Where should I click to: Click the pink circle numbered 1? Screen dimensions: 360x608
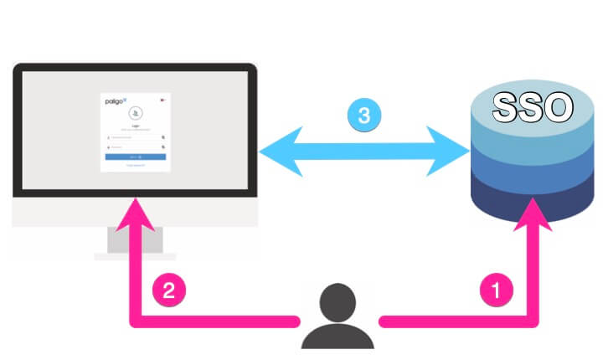point(494,291)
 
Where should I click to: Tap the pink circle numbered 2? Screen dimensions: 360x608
point(168,291)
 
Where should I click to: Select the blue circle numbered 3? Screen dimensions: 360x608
point(363,116)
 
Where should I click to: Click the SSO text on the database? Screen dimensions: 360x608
point(532,107)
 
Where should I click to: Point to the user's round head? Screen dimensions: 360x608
point(337,299)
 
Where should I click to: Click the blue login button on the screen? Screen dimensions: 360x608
point(135,157)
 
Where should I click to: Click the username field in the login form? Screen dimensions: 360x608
point(134,136)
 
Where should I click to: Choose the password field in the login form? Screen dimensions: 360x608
point(134,147)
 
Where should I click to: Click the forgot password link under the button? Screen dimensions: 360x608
point(135,166)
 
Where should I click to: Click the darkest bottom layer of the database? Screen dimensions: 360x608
point(532,201)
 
